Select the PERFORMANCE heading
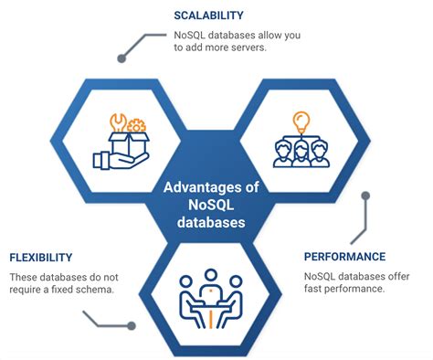[x=344, y=257]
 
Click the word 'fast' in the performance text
[x=317, y=291]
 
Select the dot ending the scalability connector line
[x=121, y=58]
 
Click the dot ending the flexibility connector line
[x=131, y=325]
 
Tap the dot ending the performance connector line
[x=364, y=195]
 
